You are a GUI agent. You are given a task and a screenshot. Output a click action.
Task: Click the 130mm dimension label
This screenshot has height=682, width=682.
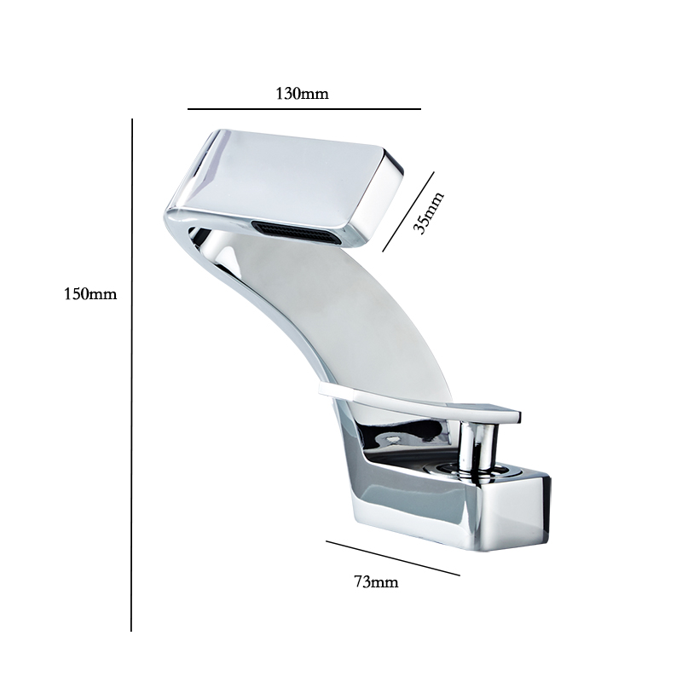click(303, 94)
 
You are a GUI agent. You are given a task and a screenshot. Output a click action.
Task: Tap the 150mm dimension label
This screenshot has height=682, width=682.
click(90, 294)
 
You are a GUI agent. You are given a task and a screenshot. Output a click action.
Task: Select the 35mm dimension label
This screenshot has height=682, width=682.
click(428, 212)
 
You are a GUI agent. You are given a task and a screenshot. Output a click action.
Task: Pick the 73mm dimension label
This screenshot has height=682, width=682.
click(376, 581)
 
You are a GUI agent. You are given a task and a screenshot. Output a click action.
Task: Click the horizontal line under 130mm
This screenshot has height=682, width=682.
click(304, 109)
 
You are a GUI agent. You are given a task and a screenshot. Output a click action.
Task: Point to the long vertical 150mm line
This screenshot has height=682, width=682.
click(131, 374)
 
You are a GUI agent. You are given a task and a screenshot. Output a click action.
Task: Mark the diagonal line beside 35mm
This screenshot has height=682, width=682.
click(408, 211)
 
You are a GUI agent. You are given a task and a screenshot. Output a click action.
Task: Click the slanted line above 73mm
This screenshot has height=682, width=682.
click(393, 558)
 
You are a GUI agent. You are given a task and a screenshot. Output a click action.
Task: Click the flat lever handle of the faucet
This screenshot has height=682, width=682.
click(419, 402)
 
